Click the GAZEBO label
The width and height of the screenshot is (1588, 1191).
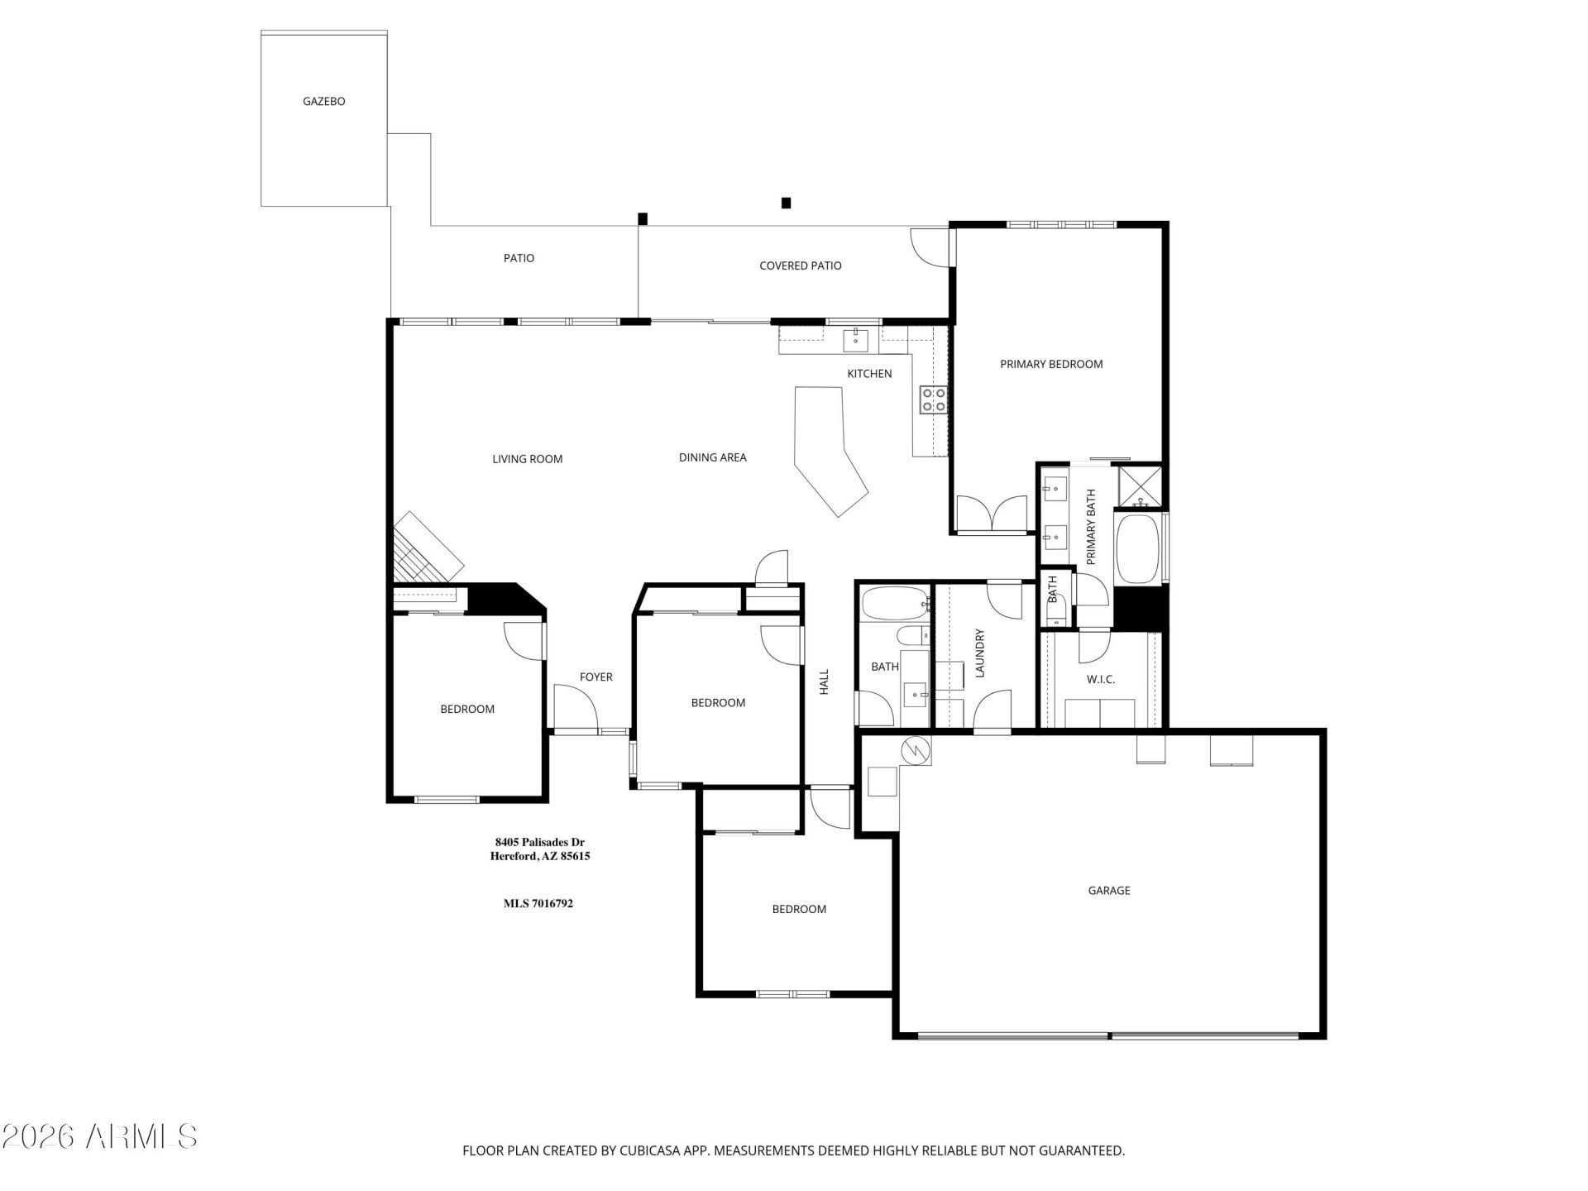click(x=323, y=102)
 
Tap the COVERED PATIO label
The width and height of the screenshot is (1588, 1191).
click(x=800, y=265)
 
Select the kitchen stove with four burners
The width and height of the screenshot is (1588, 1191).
click(x=934, y=399)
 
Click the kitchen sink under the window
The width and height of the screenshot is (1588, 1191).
click(x=854, y=340)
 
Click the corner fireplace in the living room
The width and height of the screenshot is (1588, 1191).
click(x=426, y=548)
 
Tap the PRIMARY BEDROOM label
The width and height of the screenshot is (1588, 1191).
click(x=1050, y=364)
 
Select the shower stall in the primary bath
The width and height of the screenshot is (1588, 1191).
click(x=1140, y=485)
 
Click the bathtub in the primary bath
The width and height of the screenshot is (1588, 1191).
click(x=1139, y=549)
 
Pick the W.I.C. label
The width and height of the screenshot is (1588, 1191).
click(x=1100, y=679)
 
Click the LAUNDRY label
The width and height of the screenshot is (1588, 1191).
click(x=980, y=653)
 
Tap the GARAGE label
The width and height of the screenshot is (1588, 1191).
click(x=1108, y=891)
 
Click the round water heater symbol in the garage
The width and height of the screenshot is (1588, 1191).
click(x=916, y=750)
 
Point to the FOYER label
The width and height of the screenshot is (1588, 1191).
click(x=595, y=677)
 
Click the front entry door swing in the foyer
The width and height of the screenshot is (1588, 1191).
click(x=575, y=708)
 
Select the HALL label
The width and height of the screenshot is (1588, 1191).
click(x=824, y=682)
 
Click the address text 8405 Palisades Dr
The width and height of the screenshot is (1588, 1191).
click(x=539, y=842)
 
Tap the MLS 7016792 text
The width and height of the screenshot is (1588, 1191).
click(x=538, y=903)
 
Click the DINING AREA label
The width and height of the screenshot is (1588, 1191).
click(x=712, y=457)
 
